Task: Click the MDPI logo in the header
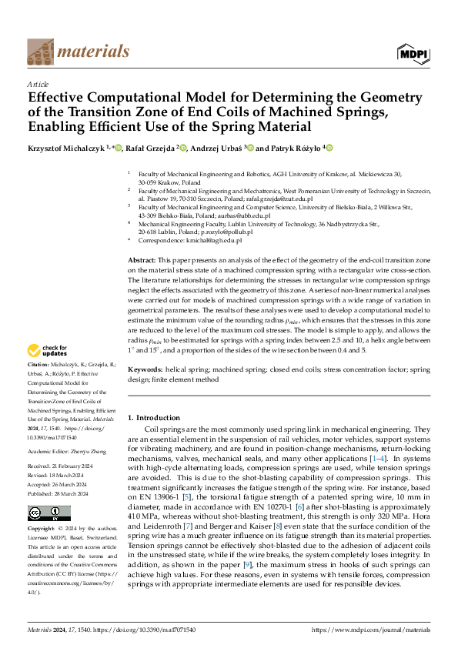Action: pos(413,52)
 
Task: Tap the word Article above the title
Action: pos(38,84)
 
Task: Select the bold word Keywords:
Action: pos(144,370)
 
